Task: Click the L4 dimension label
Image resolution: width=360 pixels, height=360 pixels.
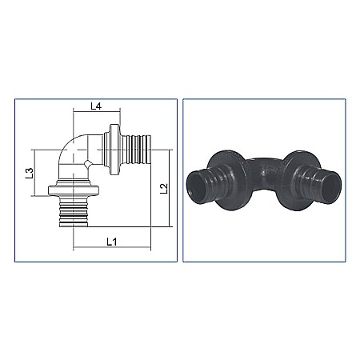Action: click(x=95, y=106)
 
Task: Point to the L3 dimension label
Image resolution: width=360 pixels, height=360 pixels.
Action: click(x=28, y=171)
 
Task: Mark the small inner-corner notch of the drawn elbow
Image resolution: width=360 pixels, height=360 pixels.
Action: click(x=87, y=165)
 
